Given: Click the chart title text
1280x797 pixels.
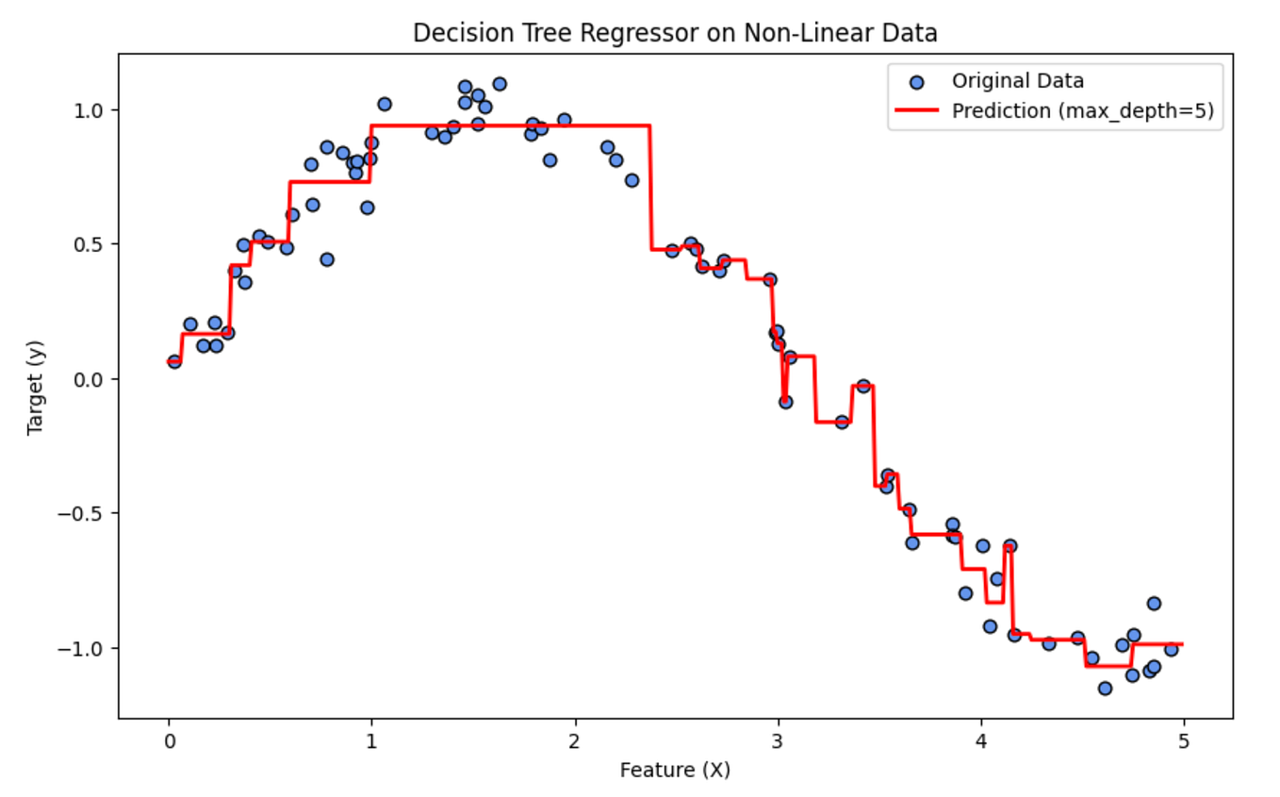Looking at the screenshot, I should click(x=675, y=34).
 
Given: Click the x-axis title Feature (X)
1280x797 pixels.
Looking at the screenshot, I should click(x=675, y=771).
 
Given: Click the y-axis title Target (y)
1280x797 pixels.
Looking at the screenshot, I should click(x=36, y=387).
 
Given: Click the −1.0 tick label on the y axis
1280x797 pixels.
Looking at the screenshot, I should click(x=90, y=649).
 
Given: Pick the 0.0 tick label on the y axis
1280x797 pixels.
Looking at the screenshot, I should click(x=94, y=379).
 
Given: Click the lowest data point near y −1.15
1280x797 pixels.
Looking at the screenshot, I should click(x=1105, y=689).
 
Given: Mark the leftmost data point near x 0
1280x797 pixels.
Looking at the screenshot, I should click(x=174, y=361).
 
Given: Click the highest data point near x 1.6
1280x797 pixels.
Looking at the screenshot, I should click(x=500, y=84).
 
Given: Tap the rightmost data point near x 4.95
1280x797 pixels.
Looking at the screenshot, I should click(x=1171, y=649).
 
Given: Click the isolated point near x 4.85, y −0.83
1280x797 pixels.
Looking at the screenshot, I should click(x=1154, y=604).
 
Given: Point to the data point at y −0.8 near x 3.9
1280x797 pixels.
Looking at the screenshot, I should click(x=965, y=593).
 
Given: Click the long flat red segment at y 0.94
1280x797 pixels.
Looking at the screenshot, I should click(x=509, y=125).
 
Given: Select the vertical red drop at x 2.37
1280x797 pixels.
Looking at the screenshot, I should click(x=650, y=189).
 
